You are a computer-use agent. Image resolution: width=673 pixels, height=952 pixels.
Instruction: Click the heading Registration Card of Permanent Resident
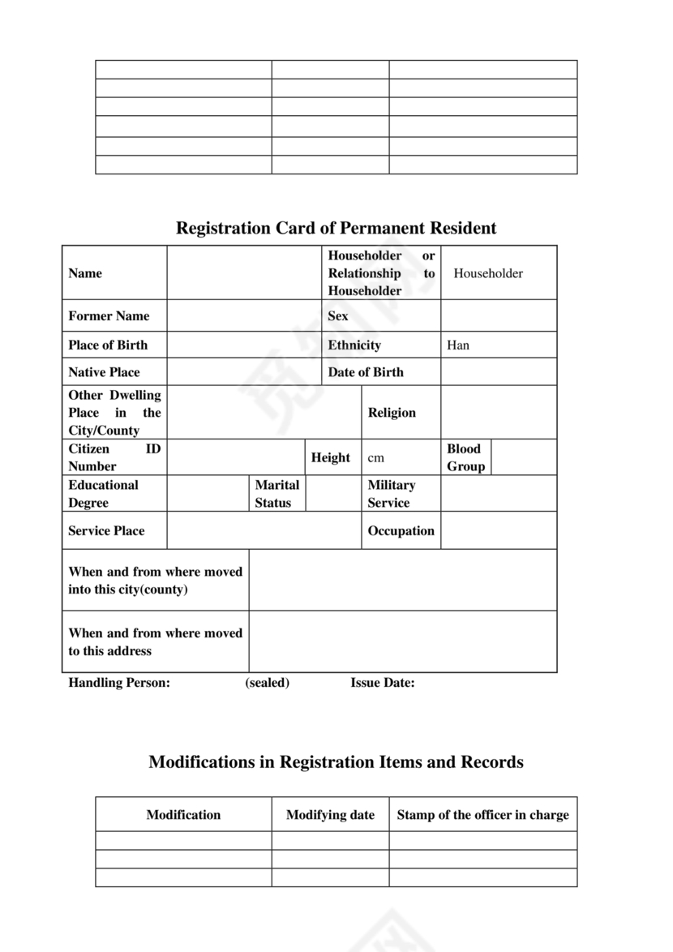336,228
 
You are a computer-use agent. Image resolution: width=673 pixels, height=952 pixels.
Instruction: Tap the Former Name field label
109,315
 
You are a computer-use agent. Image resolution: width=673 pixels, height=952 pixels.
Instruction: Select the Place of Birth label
108,345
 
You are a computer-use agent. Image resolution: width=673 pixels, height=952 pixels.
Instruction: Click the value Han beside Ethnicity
458,345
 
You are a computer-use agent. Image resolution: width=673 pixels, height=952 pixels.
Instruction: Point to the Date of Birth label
365,372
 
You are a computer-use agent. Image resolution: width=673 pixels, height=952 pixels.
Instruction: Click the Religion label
392,412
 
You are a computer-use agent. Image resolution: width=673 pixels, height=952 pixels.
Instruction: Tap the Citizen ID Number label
114,457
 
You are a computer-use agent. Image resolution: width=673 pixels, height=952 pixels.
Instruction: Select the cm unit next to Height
375,458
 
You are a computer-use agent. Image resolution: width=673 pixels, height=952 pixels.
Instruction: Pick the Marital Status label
276,494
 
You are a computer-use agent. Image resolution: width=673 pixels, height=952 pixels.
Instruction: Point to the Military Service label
391,494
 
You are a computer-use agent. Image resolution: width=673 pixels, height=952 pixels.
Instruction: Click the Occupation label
401,530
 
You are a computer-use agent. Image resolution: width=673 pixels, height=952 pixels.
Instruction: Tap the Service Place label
106,530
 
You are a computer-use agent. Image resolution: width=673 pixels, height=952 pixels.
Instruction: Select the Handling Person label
119,683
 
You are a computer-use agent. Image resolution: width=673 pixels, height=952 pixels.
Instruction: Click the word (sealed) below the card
267,683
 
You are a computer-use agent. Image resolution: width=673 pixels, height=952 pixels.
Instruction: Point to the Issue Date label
382,683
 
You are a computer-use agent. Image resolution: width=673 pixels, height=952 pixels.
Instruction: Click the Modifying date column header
330,815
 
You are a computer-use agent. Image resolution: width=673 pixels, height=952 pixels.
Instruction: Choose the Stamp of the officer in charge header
482,815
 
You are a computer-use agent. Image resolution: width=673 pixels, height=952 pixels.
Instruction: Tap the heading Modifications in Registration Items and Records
336,762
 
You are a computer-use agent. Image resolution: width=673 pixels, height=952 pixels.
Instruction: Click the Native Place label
104,372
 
